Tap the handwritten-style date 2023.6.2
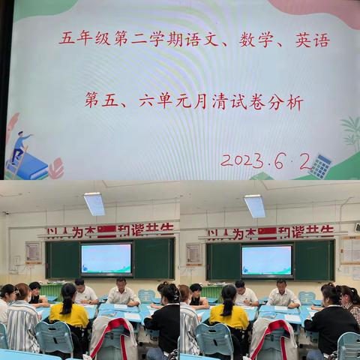[x=265, y=160]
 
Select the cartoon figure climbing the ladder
[x=19, y=146]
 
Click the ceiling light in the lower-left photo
[x=94, y=203]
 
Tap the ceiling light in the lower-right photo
[x=255, y=205]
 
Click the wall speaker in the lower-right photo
[x=357, y=226]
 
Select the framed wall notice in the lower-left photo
[x=33, y=252]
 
